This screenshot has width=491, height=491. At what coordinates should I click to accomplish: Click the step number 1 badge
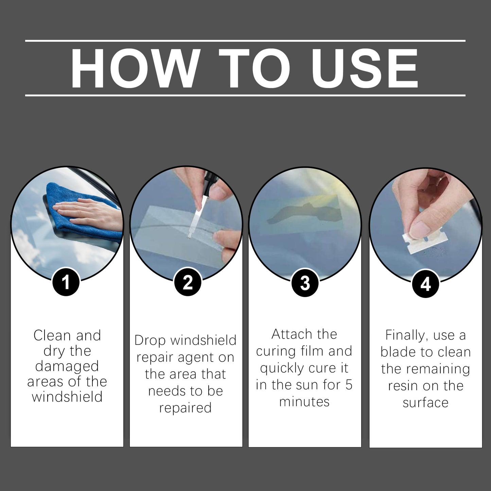click(66, 282)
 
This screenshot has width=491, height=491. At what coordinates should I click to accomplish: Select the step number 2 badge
click(188, 282)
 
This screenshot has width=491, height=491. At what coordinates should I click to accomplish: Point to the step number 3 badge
click(305, 283)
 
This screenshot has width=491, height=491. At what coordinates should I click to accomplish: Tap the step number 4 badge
click(425, 284)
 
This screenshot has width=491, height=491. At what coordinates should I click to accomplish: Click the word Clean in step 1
click(52, 336)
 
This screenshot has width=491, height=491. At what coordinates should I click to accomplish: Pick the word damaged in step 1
click(67, 366)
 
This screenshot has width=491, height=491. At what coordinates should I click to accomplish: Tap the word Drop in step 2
click(150, 340)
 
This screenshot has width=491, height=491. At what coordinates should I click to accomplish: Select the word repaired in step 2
click(185, 408)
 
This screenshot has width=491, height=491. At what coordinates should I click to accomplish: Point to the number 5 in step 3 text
click(349, 385)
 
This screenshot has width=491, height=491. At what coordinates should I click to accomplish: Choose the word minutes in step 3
click(304, 402)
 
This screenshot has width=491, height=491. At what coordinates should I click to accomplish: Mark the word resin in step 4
click(403, 386)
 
